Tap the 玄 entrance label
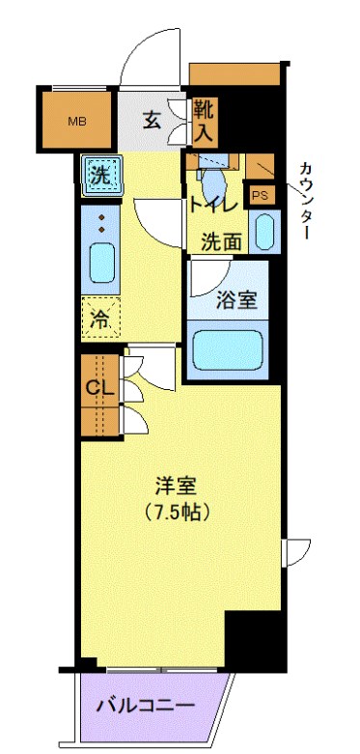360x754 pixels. [x=152, y=120]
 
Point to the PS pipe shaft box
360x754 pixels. [x=260, y=195]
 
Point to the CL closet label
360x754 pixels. [x=96, y=388]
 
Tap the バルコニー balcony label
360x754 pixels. [x=145, y=706]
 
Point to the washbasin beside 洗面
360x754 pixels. [x=263, y=231]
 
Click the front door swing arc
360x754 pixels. [x=145, y=58]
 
